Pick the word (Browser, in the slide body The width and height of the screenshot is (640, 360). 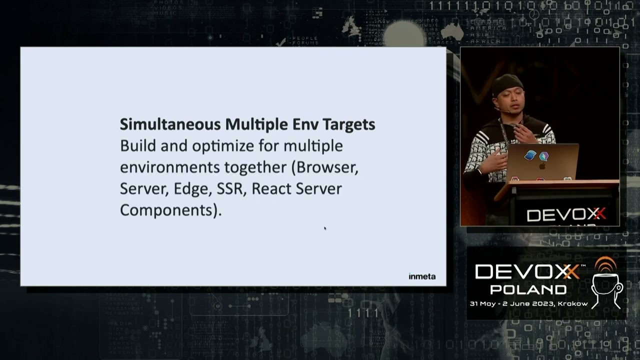point(324,167)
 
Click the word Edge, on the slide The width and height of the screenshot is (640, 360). point(193,188)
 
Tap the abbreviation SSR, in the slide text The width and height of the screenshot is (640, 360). point(231,188)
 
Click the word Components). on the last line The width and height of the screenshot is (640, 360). point(170,210)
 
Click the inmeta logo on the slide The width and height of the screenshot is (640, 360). point(421,276)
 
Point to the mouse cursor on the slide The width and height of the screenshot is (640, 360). point(325,228)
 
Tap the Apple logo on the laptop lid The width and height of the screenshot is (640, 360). point(542,165)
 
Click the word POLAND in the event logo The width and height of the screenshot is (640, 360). point(528,289)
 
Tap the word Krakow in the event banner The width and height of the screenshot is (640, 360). point(573,303)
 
